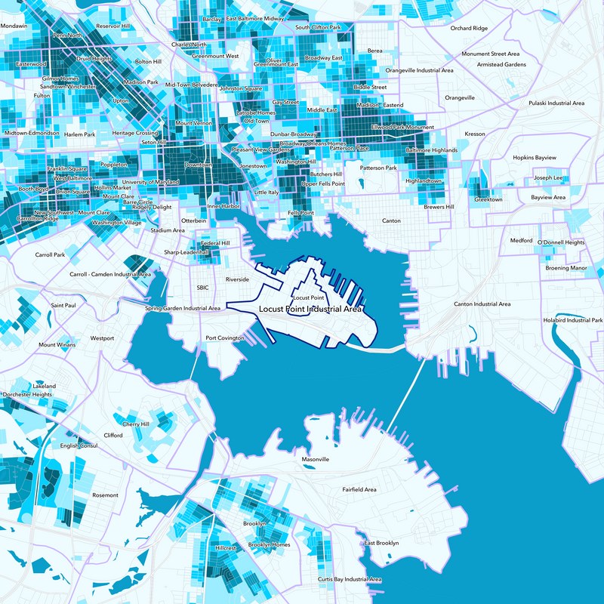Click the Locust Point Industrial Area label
tap(310, 310)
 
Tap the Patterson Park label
tap(378, 168)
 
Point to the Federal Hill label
tap(215, 243)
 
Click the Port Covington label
tap(225, 337)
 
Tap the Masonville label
tap(316, 459)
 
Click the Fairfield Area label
tap(359, 489)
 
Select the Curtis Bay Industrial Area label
tap(350, 579)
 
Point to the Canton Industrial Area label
tap(482, 304)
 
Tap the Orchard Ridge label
tap(469, 28)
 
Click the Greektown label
tap(488, 199)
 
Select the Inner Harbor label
tap(223, 205)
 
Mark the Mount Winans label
tap(57, 345)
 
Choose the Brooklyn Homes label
tap(270, 544)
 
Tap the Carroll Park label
tap(50, 255)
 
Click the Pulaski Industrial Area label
tap(556, 103)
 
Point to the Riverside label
tap(237, 279)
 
